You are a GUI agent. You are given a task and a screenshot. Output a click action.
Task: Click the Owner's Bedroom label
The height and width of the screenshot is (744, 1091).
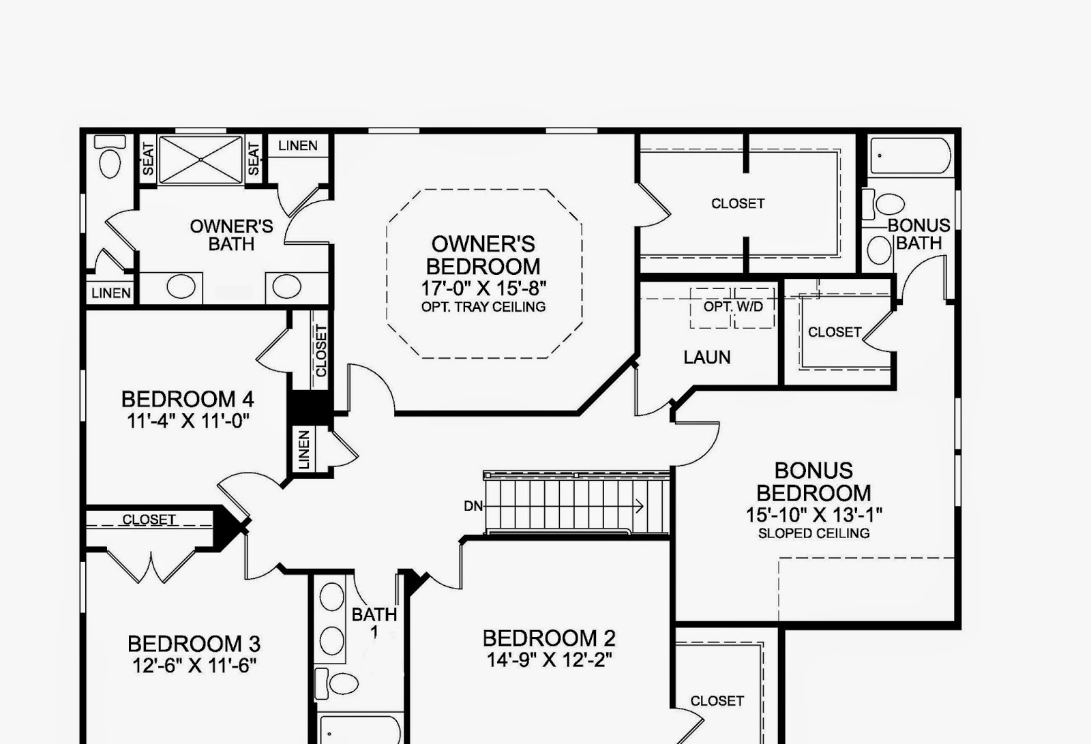coord(483,255)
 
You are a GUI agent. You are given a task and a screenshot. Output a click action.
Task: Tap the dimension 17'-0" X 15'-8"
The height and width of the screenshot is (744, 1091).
coord(483,288)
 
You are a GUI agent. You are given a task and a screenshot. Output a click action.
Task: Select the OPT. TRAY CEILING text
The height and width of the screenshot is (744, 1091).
coord(483,307)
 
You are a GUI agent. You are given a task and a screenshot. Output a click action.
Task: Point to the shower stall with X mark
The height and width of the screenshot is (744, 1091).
coord(200,160)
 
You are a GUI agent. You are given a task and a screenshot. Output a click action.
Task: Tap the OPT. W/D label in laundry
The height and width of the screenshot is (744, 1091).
coord(733,307)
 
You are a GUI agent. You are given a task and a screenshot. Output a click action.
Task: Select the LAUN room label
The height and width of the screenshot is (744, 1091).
coord(707,357)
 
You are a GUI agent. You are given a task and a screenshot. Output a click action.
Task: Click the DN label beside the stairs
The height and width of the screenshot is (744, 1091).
coord(473,506)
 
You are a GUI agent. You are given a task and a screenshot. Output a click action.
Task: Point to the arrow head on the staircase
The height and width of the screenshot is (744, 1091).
coord(640,506)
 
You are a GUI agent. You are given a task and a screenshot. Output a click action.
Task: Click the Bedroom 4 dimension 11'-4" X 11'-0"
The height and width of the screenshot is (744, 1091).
coord(188,421)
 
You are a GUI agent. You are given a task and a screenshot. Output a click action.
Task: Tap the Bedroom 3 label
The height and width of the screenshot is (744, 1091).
coord(194,644)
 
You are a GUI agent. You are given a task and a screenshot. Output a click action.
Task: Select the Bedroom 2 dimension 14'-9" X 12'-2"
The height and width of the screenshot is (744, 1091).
coord(549,659)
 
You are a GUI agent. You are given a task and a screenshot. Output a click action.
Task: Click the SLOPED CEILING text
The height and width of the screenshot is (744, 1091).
coord(813,533)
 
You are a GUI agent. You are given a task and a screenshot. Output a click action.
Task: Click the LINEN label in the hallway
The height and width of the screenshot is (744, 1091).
coord(304,449)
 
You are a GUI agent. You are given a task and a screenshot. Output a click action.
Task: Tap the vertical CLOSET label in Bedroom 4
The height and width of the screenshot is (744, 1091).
coord(321,351)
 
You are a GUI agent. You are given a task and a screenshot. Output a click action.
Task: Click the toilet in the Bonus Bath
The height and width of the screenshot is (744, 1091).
coord(888,203)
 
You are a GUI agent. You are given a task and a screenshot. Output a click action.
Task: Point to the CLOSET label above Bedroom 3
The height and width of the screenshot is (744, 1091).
coord(149,520)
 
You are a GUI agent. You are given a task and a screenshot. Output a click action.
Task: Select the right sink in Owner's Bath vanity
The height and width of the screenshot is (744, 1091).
coord(286,286)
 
